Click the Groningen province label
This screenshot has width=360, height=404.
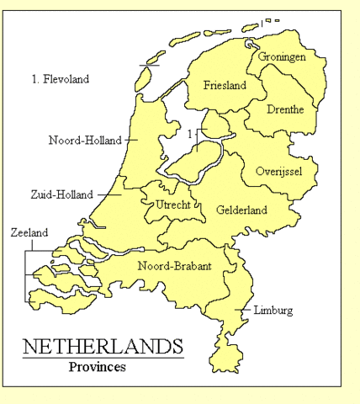pos(282,57)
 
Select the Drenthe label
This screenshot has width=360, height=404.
pos(284,110)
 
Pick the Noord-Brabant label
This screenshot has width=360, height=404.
pos(174,266)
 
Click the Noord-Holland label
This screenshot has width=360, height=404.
pos(85,141)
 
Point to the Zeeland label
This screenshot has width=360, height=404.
pos(29,232)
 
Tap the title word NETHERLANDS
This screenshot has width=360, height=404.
pos(103,347)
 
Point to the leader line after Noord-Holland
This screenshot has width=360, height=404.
pos(130,141)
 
